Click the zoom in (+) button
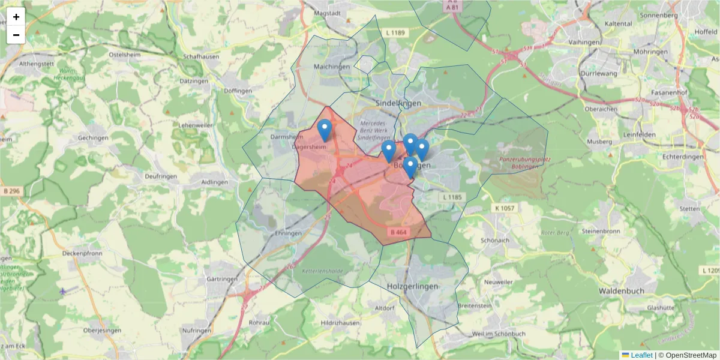coord(16,17)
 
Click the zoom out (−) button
coord(16,35)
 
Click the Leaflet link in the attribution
coord(641,355)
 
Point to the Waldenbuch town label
coord(621,291)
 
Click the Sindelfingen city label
coord(398,103)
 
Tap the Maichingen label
coord(331,67)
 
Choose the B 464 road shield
coord(398,232)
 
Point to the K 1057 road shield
coord(505,208)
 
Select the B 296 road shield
coord(11,191)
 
